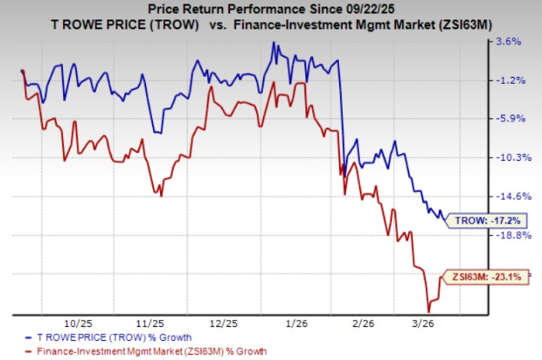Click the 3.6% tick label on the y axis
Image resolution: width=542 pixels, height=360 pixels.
pos(509,41)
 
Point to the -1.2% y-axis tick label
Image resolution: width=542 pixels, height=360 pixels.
pos(509,80)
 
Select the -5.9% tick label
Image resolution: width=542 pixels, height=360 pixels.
pos(509,119)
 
